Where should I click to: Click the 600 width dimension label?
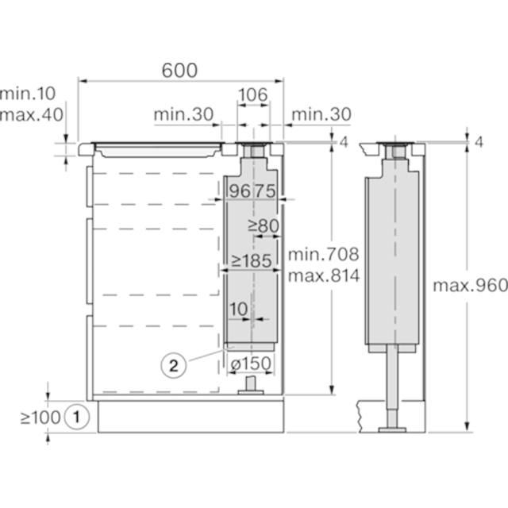click(x=179, y=70)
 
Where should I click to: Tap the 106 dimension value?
click(x=253, y=94)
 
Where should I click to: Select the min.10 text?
click(x=28, y=94)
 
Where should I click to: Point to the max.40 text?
click(x=32, y=114)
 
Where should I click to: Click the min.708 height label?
click(x=324, y=254)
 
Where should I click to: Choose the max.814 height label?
click(x=324, y=275)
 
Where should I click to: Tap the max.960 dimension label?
click(x=471, y=286)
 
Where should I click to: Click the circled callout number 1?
click(x=77, y=417)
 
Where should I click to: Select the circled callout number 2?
click(x=174, y=366)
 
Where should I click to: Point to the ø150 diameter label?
click(x=251, y=364)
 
